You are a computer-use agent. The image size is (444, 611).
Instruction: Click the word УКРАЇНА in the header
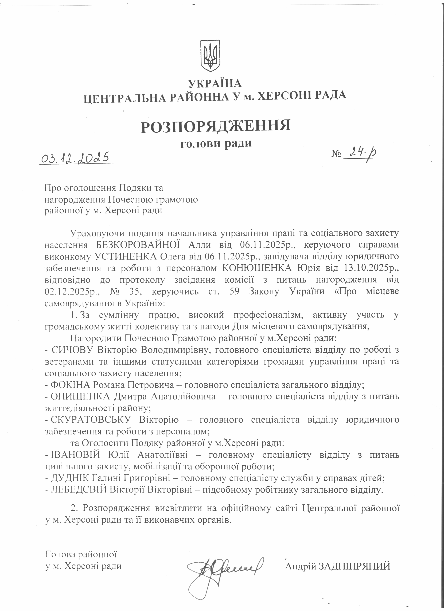(215, 83)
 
